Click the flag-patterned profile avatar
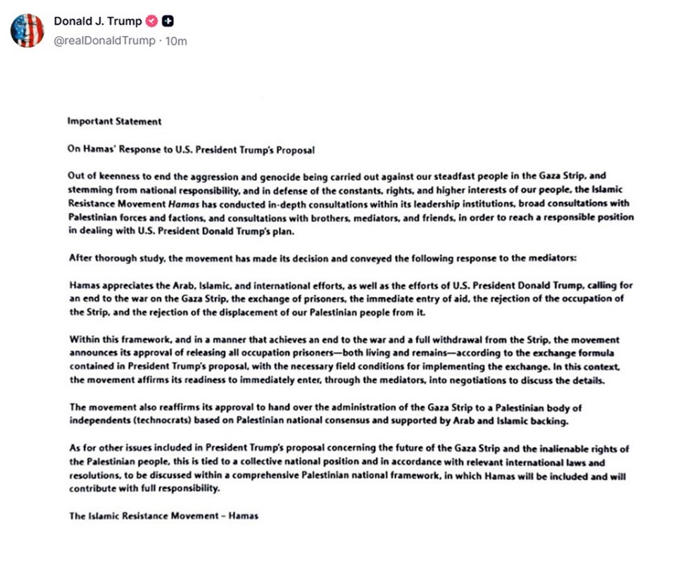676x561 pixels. coord(27,30)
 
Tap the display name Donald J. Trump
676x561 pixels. coord(97,21)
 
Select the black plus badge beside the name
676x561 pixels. coord(168,21)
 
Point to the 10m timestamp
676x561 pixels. coord(176,41)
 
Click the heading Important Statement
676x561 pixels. coord(114,121)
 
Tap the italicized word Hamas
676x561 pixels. coord(173,204)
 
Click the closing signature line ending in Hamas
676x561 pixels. coord(163,516)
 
